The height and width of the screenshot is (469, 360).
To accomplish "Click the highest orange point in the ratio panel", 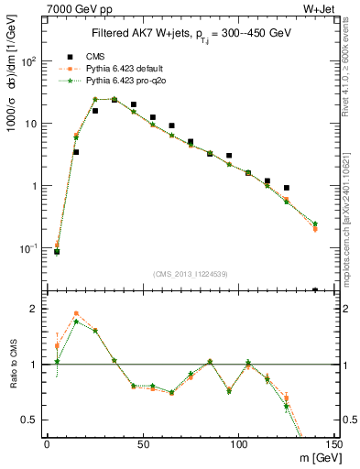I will point(76,313).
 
